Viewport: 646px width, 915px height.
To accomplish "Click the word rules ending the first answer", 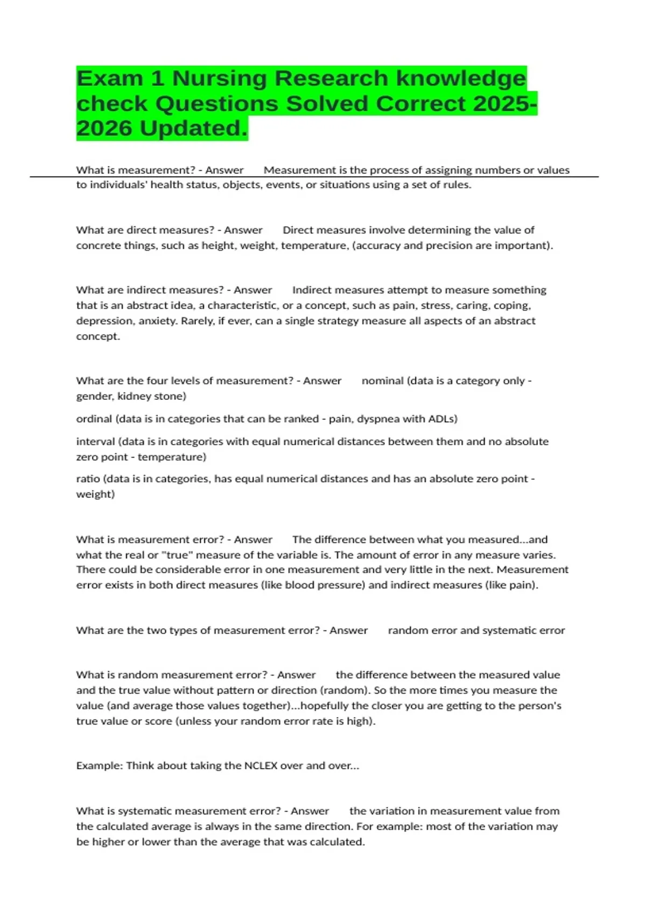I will click(x=458, y=185).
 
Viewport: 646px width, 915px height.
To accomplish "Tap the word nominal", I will click(x=382, y=381).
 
